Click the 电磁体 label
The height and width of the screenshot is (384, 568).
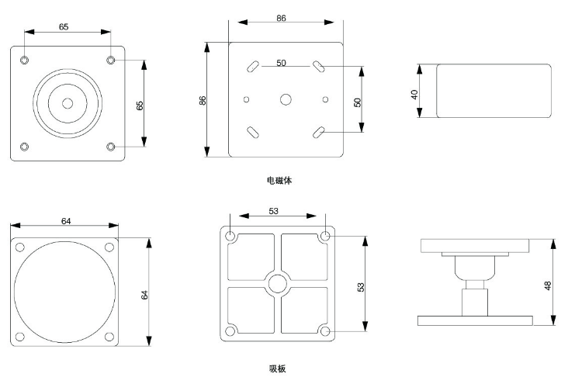(x=279, y=180)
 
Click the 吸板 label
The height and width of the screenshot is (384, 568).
(x=277, y=368)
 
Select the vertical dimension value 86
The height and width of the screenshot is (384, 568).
(x=203, y=99)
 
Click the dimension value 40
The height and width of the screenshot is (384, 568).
(x=414, y=93)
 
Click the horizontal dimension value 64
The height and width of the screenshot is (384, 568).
(x=66, y=222)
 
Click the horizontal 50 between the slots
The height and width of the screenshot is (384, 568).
(x=281, y=64)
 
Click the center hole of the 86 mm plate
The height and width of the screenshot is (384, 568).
(x=286, y=99)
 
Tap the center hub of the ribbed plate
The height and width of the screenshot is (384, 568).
(x=278, y=282)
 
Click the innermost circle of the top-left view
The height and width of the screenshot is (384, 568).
(x=68, y=102)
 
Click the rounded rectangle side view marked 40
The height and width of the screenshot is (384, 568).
(x=494, y=91)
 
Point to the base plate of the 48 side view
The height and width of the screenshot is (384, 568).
(x=474, y=320)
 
